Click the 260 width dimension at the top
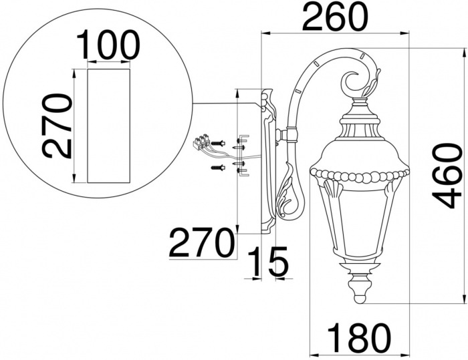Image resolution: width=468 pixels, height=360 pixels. pos(336,16)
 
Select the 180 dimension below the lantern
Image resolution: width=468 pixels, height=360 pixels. pos(359,338)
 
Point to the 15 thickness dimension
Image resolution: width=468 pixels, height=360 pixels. pos(268,261)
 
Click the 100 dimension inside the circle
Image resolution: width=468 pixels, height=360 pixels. pos(108,44)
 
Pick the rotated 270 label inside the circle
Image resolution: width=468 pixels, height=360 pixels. pos(57,126)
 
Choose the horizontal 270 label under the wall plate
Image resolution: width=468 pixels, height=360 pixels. pos(201,242)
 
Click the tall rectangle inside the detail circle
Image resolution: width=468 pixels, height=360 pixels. pos(108,126)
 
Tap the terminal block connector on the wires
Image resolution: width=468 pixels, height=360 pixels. pos(202,142)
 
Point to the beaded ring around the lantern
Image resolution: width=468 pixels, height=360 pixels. pos(360,176)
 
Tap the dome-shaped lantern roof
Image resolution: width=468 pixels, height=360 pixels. pos(360,156)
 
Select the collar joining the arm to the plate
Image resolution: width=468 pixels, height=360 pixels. pos(291,135)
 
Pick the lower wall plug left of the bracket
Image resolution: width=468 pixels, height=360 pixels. pos(218,168)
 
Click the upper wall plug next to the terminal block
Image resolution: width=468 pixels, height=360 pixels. pos(218,144)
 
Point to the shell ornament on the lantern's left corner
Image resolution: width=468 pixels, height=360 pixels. pos(332,188)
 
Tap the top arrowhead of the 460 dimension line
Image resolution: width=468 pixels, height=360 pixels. pos(465,53)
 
